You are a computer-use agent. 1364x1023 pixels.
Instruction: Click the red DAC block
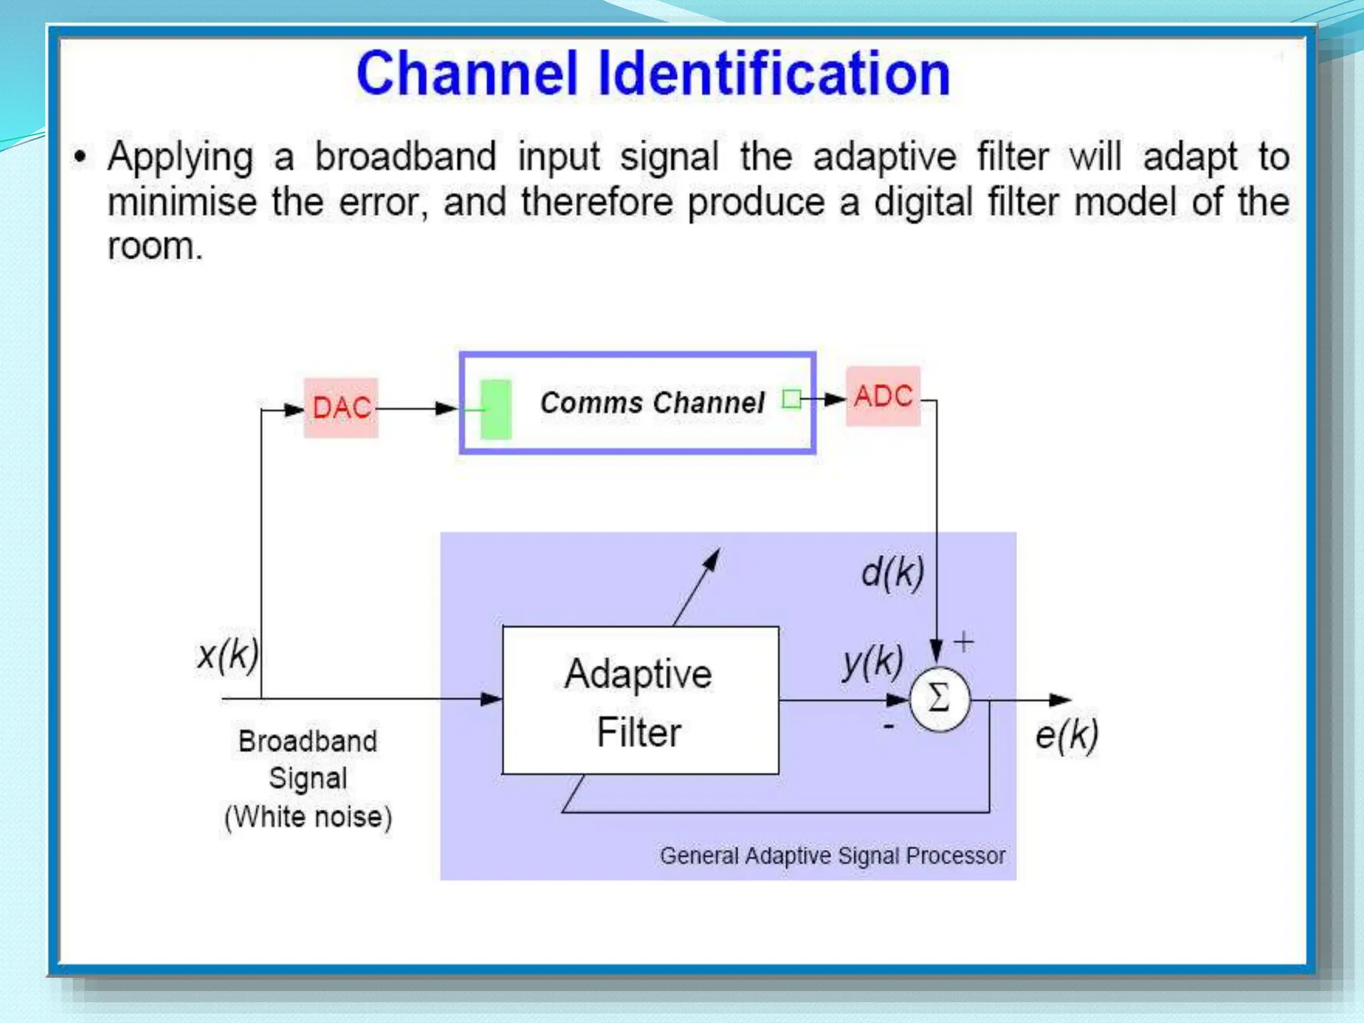point(341,408)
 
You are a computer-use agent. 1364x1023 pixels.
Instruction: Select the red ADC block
point(883,396)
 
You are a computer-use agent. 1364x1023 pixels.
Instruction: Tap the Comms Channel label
point(652,403)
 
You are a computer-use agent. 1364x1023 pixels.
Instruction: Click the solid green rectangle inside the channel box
point(496,409)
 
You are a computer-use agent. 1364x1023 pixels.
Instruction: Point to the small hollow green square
point(791,399)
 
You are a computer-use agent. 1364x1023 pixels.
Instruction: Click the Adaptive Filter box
point(640,700)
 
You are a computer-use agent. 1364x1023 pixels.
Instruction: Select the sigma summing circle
point(939,699)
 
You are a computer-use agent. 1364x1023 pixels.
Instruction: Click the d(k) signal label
point(892,572)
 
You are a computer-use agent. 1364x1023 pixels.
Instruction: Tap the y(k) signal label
point(872,662)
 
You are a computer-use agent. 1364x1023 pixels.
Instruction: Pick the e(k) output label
point(1066,736)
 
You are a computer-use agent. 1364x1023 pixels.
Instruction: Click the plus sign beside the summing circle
point(964,642)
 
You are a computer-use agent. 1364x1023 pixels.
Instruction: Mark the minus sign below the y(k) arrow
point(888,727)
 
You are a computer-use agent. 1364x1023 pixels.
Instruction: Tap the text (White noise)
point(308,817)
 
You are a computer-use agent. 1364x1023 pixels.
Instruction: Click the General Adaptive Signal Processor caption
point(833,856)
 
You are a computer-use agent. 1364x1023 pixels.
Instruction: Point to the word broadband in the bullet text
point(406,157)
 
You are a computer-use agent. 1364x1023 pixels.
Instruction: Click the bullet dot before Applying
point(81,157)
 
